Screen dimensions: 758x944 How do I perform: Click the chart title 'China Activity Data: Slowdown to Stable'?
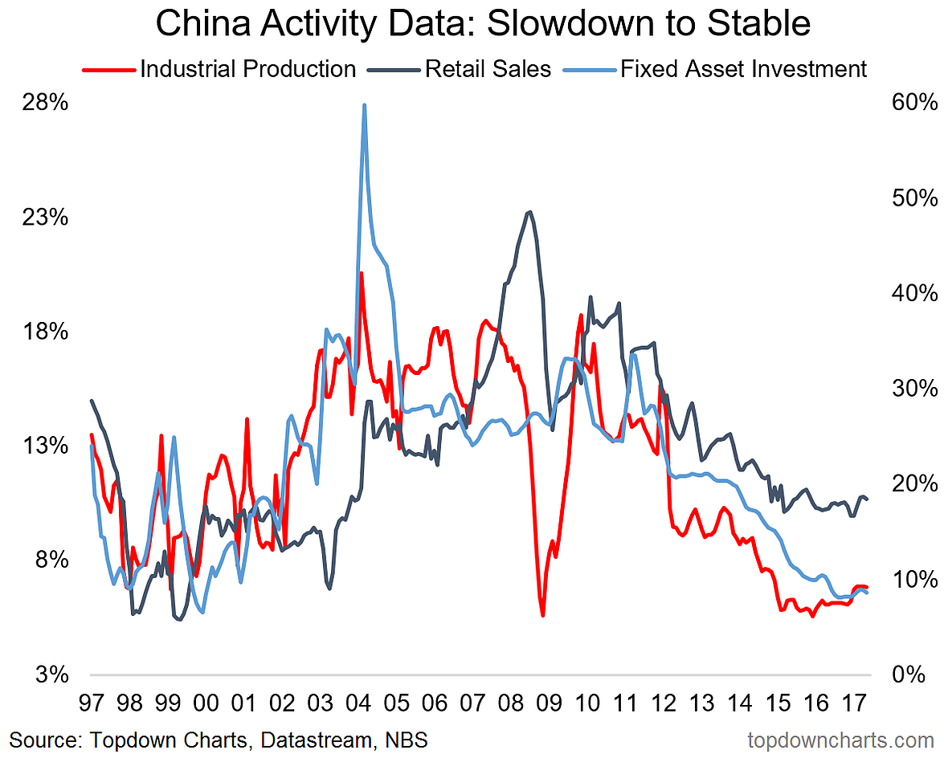(482, 24)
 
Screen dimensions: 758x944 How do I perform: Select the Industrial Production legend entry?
(247, 69)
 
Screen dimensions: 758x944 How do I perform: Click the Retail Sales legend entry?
(488, 69)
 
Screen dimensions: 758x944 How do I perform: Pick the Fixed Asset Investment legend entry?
(743, 69)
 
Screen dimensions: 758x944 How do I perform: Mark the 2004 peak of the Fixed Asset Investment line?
(365, 105)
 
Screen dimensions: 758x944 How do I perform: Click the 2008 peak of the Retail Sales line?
(529, 212)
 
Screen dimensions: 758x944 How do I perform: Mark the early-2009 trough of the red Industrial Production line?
(543, 615)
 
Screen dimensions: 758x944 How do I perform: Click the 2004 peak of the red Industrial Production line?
(362, 274)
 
